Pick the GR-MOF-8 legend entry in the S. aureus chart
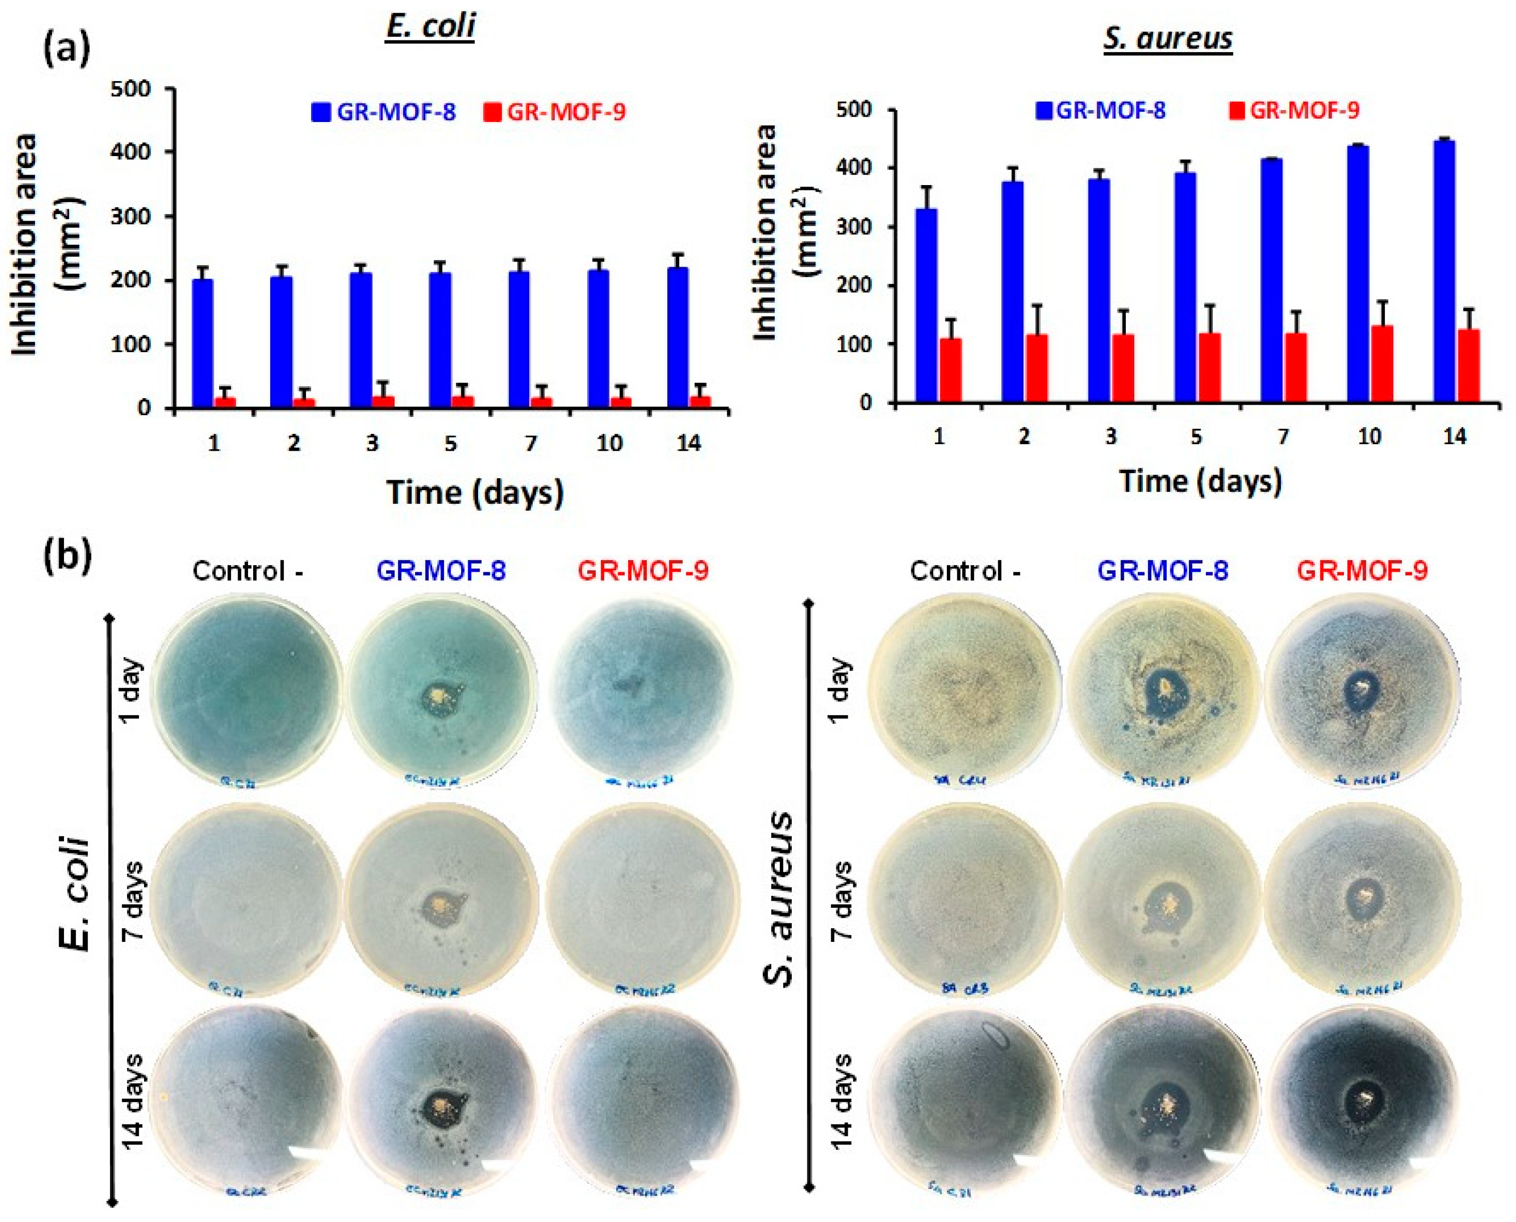[x=1101, y=111]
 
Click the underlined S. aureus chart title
[x=1167, y=38]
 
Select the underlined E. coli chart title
[x=430, y=27]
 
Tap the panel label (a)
[x=67, y=50]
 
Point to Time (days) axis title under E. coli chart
[x=475, y=492]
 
